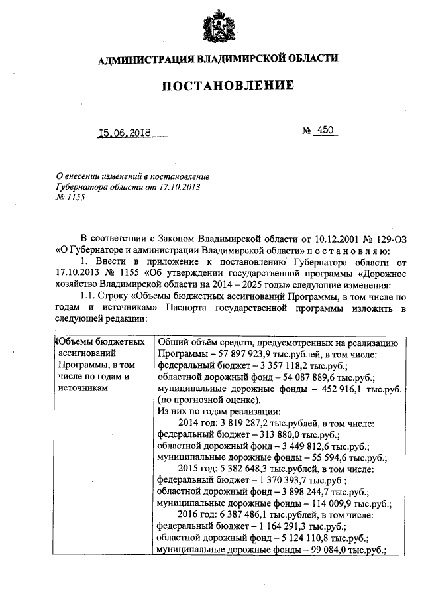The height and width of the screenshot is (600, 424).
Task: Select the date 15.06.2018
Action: (125, 133)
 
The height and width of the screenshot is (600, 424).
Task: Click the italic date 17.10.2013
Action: (177, 188)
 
